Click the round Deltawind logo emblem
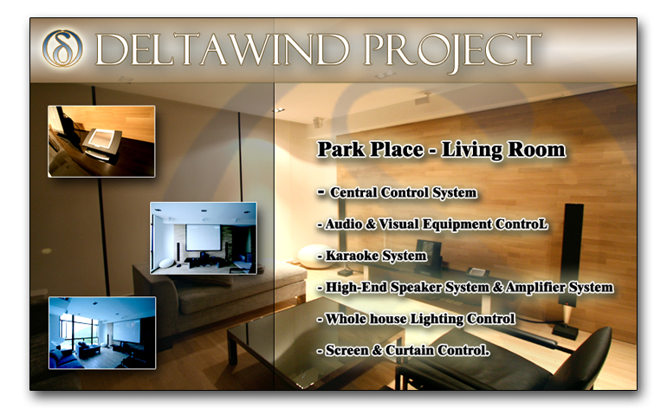[62, 49]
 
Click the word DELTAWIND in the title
[222, 49]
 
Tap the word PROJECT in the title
[452, 51]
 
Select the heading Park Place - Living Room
[442, 150]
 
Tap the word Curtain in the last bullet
[410, 350]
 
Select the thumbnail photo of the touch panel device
[101, 141]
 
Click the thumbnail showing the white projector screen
[204, 238]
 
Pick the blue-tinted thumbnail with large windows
[102, 333]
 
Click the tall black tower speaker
[571, 256]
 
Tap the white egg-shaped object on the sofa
[315, 256]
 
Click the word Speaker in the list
[416, 288]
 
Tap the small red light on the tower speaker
[567, 304]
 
